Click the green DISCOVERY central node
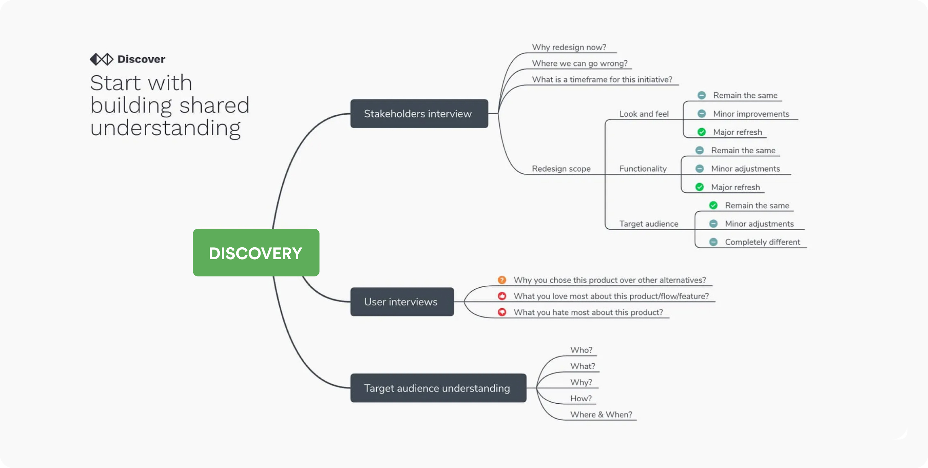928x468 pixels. pos(256,253)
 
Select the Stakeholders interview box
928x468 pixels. pos(419,113)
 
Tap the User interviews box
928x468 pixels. pos(402,302)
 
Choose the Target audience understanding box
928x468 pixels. pos(438,388)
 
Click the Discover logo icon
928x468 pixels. pos(101,59)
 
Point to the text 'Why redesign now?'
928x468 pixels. pos(569,47)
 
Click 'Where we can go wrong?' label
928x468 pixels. pos(580,63)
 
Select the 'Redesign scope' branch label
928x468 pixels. pos(561,169)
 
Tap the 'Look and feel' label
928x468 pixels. pos(644,114)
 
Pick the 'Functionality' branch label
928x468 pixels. pos(643,169)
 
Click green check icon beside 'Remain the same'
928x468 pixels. pos(713,205)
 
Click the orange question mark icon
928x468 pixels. pos(501,280)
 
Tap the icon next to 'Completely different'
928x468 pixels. pos(713,242)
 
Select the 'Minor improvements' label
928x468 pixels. pos(751,114)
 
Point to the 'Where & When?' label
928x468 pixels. pos(601,414)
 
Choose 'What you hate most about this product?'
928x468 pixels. pos(588,312)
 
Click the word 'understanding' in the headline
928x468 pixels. pos(165,128)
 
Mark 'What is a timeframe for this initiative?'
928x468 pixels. pos(602,79)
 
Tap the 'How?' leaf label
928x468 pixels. pos(581,398)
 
